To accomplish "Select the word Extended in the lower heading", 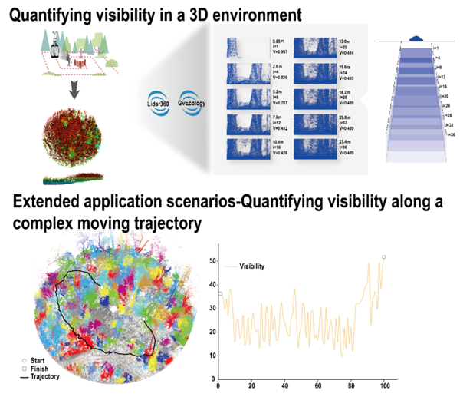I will click(48, 204).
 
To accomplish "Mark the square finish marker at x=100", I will click(383, 257).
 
